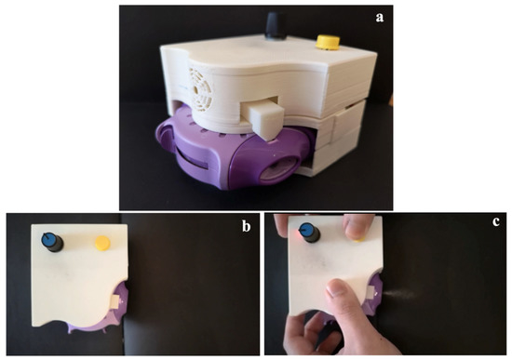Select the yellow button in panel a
328,41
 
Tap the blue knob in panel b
49,243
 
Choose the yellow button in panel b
101,244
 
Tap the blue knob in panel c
305,234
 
